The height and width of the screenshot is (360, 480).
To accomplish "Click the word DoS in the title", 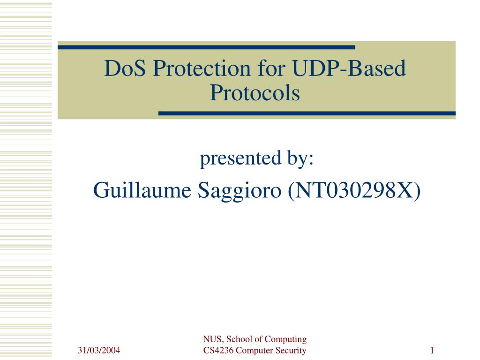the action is tap(125, 68).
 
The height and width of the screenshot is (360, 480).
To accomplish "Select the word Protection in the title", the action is tap(202, 68).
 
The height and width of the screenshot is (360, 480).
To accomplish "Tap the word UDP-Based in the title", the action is tap(349, 68).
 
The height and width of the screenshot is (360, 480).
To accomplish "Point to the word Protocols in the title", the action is tap(255, 93).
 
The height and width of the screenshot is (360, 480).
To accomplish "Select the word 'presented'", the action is tap(240, 158).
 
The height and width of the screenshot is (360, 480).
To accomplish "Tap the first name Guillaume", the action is tap(142, 190).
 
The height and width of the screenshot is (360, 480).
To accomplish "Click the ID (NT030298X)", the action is tap(354, 190).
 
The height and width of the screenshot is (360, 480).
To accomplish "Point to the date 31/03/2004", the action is tap(99, 350).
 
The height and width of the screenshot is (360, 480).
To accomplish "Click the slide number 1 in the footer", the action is tap(432, 350).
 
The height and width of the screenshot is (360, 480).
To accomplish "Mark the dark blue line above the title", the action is tap(206, 47).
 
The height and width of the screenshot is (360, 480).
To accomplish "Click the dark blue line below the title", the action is tap(307, 113).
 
